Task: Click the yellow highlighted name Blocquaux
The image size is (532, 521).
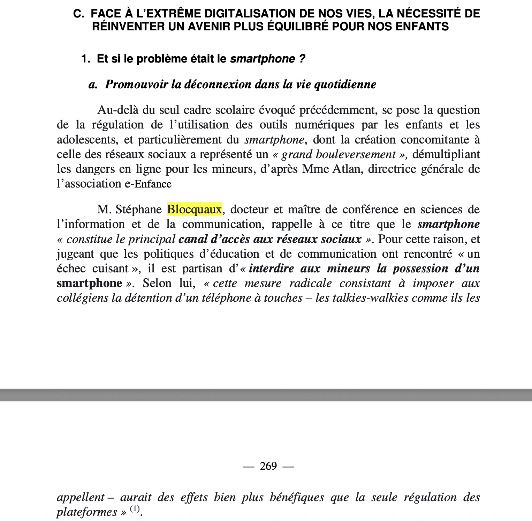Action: [195, 209]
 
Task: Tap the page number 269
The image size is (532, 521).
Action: [268, 466]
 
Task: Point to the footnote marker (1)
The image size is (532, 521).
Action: [135, 509]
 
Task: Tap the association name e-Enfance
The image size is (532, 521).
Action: [148, 184]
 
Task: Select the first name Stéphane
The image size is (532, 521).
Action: [138, 210]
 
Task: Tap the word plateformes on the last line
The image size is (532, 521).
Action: [87, 512]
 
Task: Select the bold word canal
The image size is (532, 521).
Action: [193, 239]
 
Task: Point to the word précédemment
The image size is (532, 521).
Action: [338, 110]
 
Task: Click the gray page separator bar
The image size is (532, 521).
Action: [266, 395]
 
